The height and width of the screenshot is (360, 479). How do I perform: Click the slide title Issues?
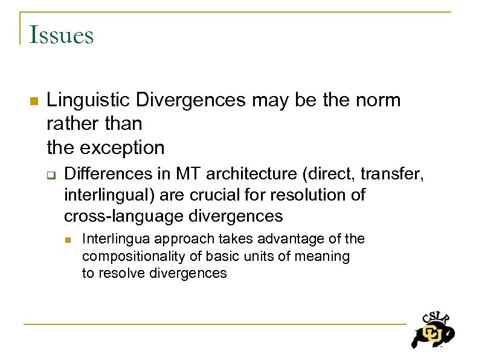coord(61,35)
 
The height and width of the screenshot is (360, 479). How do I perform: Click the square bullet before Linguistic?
coord(33,100)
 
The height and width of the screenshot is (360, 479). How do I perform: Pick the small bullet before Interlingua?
coord(69,239)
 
